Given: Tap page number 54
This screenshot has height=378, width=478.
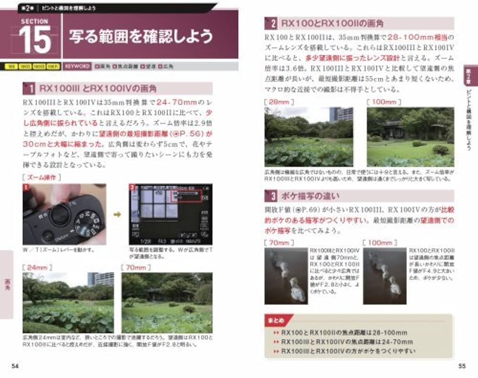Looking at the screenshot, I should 15,367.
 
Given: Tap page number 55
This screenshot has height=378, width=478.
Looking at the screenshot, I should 462,367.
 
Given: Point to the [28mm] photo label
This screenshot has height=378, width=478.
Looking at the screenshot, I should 279,102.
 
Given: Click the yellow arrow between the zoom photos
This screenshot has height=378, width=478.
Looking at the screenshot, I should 117,215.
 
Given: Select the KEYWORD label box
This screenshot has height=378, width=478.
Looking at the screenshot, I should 77,67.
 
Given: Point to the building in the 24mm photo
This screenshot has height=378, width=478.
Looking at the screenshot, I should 101,278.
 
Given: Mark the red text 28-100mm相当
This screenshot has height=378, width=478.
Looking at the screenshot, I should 418,37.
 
